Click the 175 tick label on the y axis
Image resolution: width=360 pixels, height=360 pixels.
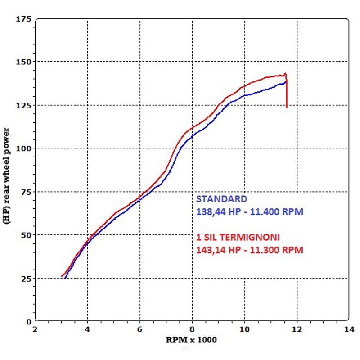(x=23, y=19)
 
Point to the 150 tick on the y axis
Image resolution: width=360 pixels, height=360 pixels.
(x=23, y=62)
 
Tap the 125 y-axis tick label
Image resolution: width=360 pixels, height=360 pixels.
(x=23, y=105)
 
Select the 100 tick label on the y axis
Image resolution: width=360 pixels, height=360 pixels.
(x=23, y=148)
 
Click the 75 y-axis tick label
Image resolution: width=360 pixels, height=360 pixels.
(x=25, y=192)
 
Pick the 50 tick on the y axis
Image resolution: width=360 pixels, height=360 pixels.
(x=25, y=235)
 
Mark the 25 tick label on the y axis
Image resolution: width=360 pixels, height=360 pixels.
(x=25, y=279)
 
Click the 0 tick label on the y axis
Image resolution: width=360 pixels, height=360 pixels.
(x=28, y=321)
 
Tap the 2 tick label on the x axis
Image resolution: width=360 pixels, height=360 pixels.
(x=35, y=329)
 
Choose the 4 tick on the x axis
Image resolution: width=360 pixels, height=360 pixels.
(x=87, y=329)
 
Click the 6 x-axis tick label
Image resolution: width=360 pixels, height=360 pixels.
(x=140, y=329)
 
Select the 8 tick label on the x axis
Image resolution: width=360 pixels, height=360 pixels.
(x=192, y=329)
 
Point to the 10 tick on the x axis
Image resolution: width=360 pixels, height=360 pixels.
(x=244, y=329)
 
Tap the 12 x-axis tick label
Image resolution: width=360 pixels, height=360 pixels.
(x=297, y=329)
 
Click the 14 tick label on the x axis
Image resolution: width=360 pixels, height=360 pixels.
(x=348, y=329)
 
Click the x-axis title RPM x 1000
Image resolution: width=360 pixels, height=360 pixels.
(x=192, y=340)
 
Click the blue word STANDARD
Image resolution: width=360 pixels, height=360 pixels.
(x=221, y=199)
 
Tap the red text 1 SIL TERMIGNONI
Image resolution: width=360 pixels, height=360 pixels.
(x=238, y=237)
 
